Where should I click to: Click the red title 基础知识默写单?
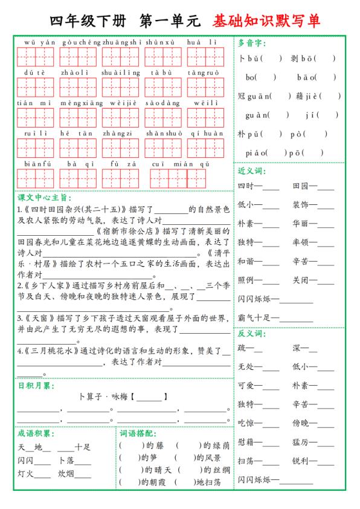[265, 21]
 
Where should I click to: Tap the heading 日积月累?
[34, 385]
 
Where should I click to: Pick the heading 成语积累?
[34, 433]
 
